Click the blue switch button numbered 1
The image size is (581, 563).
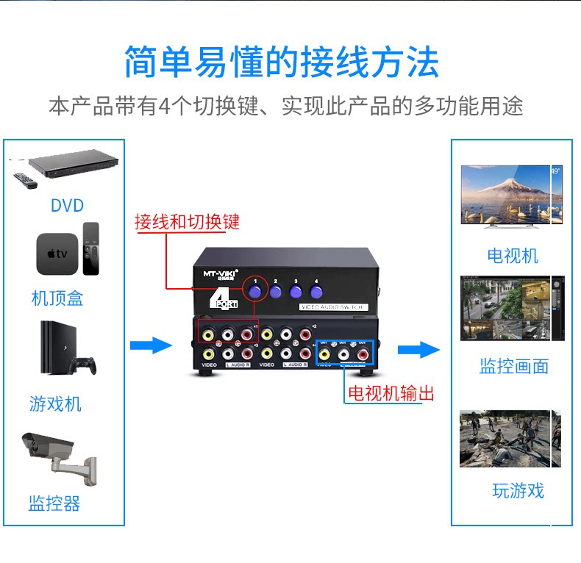pyautogui.click(x=256, y=292)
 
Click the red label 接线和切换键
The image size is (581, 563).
pyautogui.click(x=187, y=222)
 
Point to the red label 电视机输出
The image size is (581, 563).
pyautogui.click(x=391, y=393)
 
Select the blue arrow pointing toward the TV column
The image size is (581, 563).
pyautogui.click(x=418, y=349)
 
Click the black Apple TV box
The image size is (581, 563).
pyautogui.click(x=56, y=254)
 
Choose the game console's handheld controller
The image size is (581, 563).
pyautogui.click(x=83, y=365)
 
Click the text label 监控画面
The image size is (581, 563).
pyautogui.click(x=513, y=366)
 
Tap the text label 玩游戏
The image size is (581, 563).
pyautogui.click(x=518, y=490)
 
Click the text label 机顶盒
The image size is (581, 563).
pyautogui.click(x=57, y=298)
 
